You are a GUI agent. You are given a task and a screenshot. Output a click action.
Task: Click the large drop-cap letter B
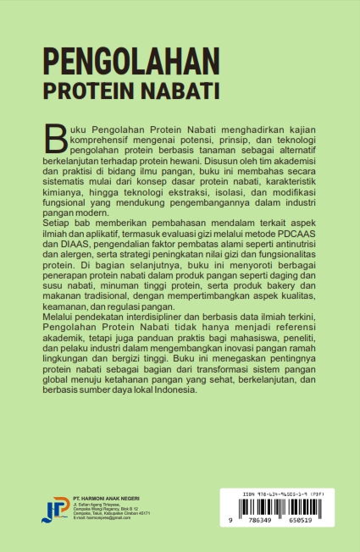56,133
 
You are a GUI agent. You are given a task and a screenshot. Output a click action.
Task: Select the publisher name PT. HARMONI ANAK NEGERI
106,497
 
